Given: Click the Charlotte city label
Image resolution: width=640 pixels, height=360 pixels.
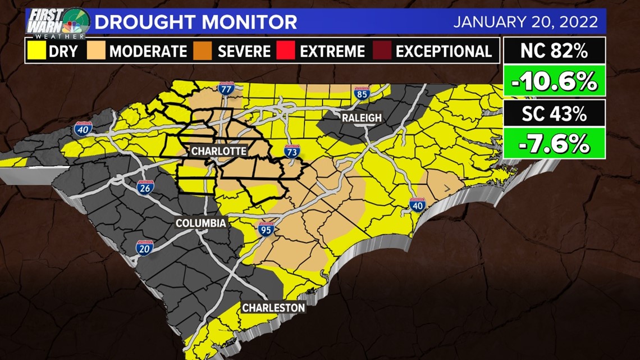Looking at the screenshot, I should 218,152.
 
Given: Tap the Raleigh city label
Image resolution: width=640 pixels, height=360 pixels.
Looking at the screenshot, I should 362,117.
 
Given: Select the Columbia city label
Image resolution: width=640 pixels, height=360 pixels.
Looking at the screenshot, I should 200,223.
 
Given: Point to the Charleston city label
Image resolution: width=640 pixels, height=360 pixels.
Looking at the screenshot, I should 273,308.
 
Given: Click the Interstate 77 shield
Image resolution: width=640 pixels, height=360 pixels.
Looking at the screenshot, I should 226,89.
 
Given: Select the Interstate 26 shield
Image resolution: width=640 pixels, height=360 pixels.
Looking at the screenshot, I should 145,188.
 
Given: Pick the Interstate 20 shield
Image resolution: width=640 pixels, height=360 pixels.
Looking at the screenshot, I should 144,247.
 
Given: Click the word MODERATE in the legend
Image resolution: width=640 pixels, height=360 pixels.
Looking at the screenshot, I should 148,52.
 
